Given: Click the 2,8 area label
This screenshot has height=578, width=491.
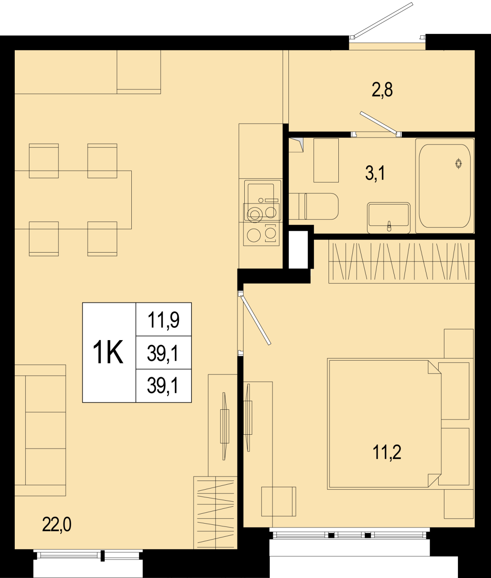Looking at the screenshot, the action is click(x=382, y=90).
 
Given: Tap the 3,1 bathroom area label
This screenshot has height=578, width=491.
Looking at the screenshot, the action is click(x=375, y=174).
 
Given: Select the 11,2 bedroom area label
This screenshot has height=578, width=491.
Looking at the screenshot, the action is click(x=387, y=452).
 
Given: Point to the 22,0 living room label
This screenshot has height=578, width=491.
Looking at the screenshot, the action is click(x=57, y=525).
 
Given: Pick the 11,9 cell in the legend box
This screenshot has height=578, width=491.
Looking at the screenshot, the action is click(x=164, y=320).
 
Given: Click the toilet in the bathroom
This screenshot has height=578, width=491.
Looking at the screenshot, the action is click(x=313, y=206).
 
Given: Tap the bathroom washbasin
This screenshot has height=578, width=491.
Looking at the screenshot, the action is click(x=389, y=218).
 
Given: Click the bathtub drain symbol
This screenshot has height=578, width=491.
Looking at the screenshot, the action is click(x=458, y=163).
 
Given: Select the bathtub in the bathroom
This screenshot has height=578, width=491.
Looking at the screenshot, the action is click(x=445, y=186).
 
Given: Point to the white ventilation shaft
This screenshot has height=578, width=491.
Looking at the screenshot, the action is click(x=298, y=250).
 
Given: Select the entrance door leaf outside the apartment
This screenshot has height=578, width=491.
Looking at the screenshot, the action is click(x=383, y=20).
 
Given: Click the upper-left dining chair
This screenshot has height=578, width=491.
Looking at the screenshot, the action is click(x=44, y=161).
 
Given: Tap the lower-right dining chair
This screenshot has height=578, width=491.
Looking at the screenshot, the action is click(x=102, y=239).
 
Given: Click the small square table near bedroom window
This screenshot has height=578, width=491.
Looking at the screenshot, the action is click(x=279, y=501).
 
